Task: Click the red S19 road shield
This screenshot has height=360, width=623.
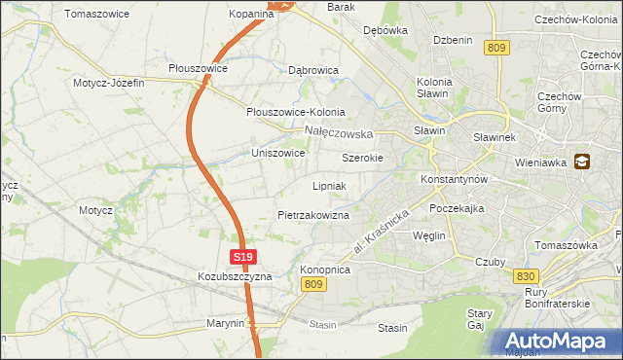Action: [243, 257]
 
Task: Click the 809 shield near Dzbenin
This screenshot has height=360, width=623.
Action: [497, 48]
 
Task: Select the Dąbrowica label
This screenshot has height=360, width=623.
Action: [313, 71]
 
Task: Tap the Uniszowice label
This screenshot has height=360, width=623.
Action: [278, 154]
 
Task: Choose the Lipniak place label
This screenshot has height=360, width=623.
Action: [330, 185]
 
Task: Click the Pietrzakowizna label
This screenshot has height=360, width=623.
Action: [312, 214]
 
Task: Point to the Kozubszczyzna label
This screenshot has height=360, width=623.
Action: [234, 276]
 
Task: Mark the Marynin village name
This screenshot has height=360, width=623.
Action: [225, 322]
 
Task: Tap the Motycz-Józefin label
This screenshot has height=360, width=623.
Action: [108, 83]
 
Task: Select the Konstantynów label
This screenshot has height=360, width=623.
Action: [454, 180]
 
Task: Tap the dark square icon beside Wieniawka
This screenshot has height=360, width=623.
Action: [582, 162]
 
